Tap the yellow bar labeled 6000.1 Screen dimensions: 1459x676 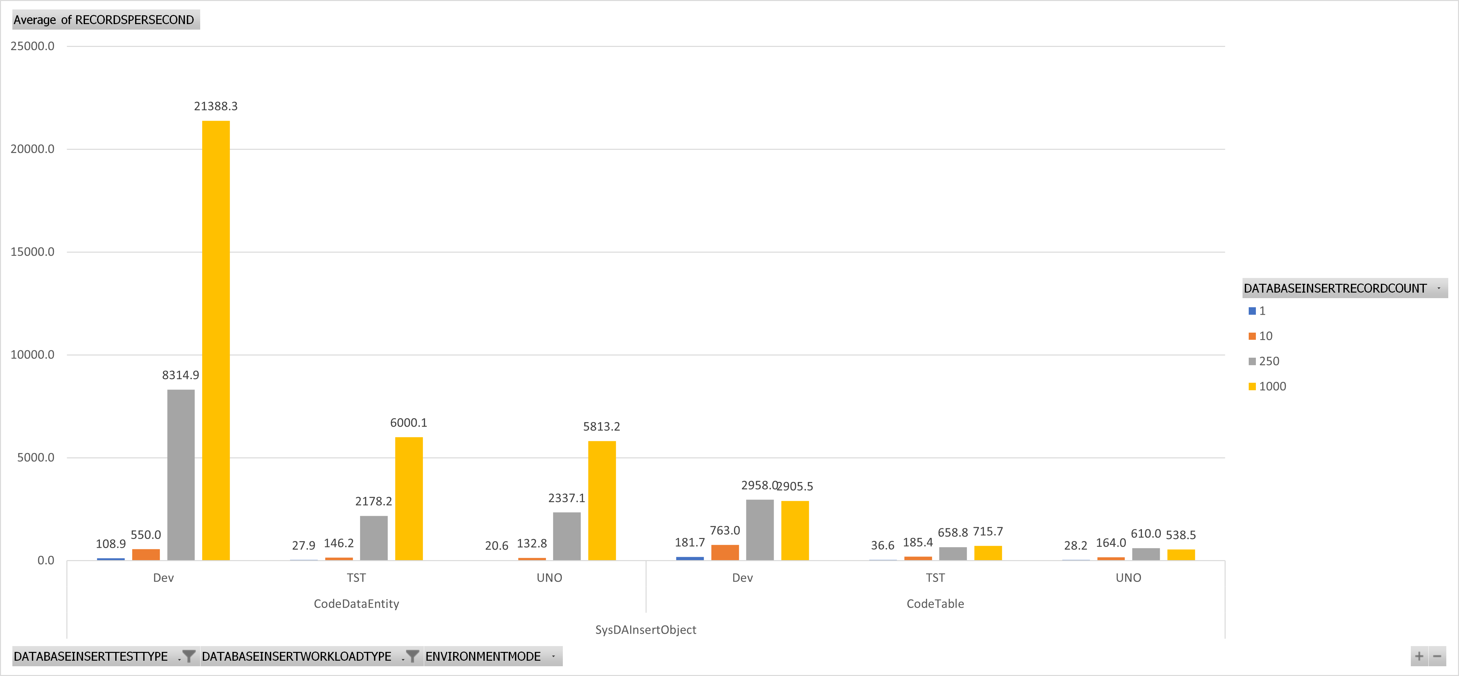point(409,499)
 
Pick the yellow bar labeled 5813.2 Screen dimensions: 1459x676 point(602,501)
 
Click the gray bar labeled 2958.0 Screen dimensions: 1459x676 point(760,530)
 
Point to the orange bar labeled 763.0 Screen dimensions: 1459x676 point(725,553)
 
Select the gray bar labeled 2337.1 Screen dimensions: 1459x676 point(567,536)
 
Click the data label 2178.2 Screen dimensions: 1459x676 point(373,501)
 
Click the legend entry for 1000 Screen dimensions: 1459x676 point(1268,386)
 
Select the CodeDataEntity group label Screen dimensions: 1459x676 point(356,603)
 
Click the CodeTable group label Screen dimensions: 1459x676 point(935,603)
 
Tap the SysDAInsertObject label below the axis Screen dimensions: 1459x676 point(646,629)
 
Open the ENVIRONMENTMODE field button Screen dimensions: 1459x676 point(493,656)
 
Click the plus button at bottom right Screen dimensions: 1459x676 point(1419,656)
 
